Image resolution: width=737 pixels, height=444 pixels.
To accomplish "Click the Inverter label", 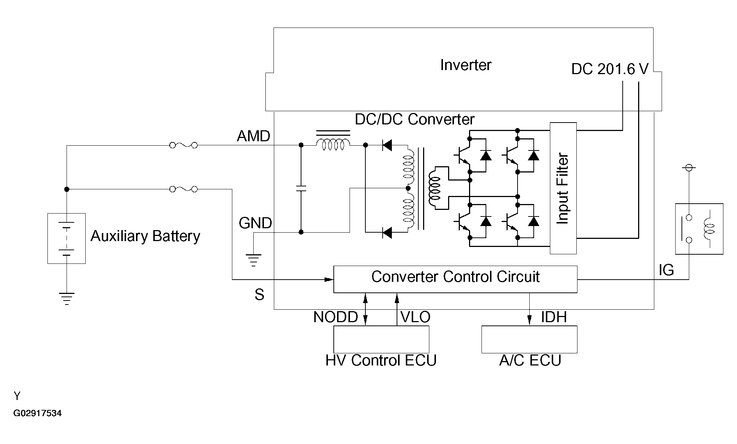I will click(465, 65).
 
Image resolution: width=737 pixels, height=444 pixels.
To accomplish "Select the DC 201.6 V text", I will click(609, 69).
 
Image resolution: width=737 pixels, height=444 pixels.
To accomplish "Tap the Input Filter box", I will click(563, 188).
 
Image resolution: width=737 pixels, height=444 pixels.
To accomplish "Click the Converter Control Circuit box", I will click(455, 279).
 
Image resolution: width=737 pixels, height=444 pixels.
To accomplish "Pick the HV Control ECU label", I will click(381, 360).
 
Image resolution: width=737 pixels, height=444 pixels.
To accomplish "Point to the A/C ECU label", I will click(530, 360).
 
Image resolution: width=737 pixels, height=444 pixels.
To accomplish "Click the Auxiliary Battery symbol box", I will click(67, 238).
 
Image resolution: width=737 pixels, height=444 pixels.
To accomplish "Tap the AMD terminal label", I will click(253, 137).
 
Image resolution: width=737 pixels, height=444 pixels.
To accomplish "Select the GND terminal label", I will click(255, 223).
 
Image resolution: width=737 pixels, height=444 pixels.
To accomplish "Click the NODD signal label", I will click(335, 317).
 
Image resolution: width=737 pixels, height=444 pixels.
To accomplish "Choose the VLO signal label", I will click(415, 317).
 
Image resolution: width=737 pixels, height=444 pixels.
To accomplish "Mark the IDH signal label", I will click(553, 317).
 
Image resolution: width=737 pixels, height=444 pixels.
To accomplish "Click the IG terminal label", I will click(666, 270).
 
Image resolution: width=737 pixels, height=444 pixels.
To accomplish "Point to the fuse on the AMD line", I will click(183, 145).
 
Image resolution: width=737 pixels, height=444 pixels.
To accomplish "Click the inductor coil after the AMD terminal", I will click(333, 145).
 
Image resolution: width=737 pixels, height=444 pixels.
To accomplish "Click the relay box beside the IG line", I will click(699, 229).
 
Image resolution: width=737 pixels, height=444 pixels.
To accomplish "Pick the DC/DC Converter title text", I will click(414, 120).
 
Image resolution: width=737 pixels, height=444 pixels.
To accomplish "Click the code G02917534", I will click(37, 414).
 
